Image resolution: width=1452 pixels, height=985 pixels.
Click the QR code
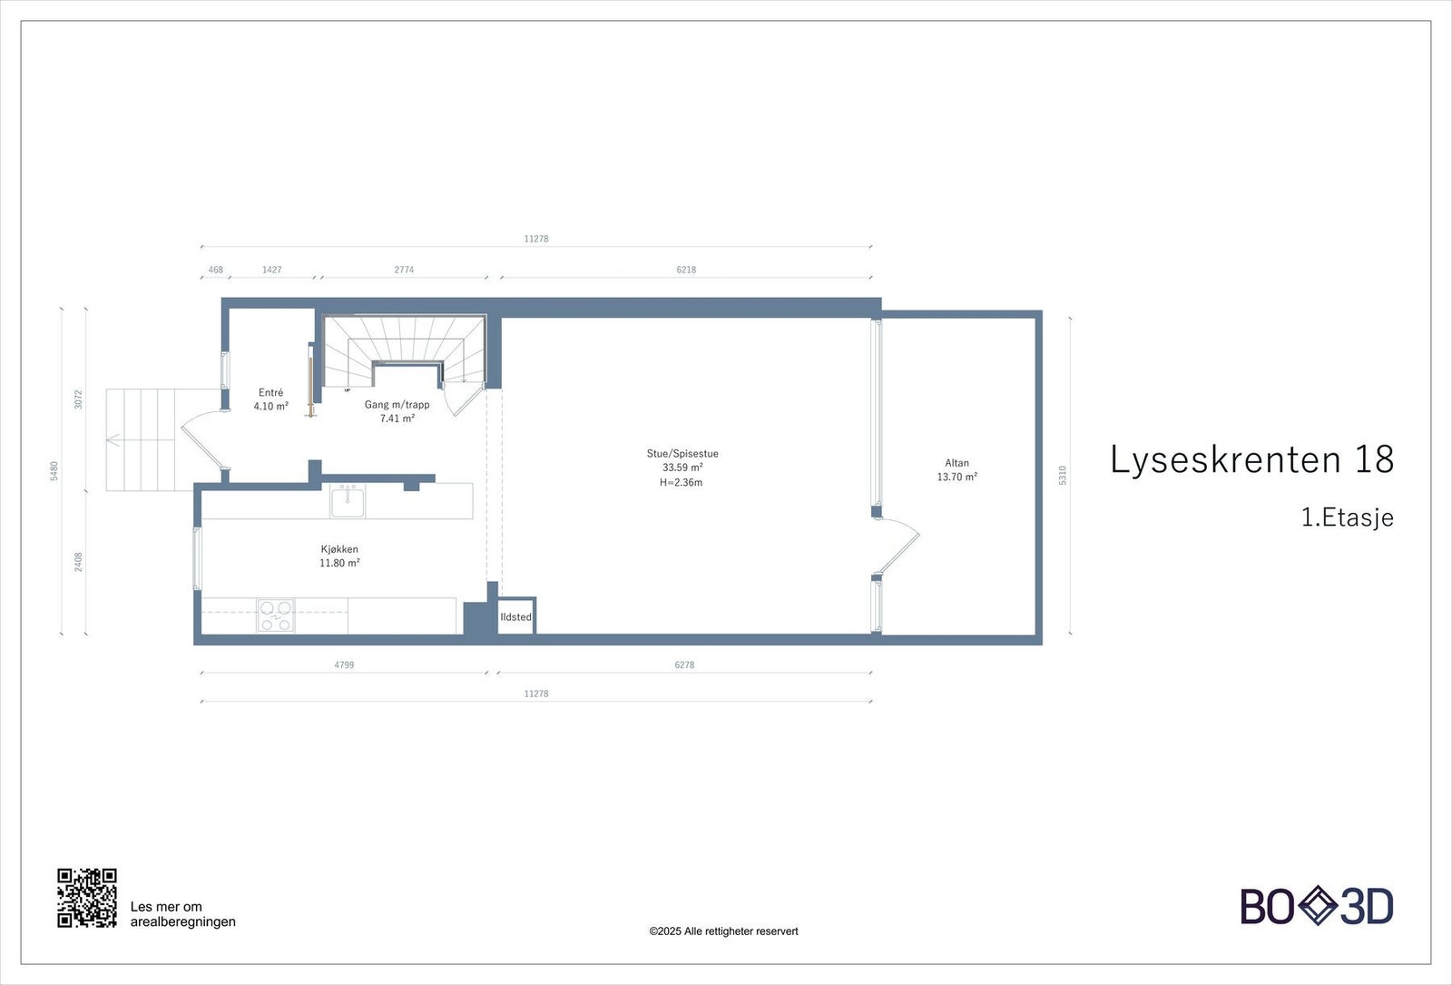pyautogui.click(x=87, y=898)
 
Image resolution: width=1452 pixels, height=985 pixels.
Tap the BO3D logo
pyautogui.click(x=1316, y=906)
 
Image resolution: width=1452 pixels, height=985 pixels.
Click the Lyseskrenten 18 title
pyautogui.click(x=1251, y=460)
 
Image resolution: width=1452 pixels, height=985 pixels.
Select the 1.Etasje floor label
pyautogui.click(x=1347, y=517)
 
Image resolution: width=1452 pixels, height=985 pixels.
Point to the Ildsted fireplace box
pyautogui.click(x=516, y=616)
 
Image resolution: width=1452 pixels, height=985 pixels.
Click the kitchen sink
pyautogui.click(x=348, y=501)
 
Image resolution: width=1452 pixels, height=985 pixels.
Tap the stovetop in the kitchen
pyautogui.click(x=276, y=616)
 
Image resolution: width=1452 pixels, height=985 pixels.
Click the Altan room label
pyautogui.click(x=957, y=463)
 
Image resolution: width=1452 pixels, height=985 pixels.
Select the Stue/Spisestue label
pyautogui.click(x=682, y=454)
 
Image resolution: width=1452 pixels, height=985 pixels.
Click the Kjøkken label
pyautogui.click(x=339, y=549)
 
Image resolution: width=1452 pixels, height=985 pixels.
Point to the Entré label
pyautogui.click(x=270, y=393)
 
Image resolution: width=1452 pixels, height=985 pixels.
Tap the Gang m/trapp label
pyautogui.click(x=397, y=405)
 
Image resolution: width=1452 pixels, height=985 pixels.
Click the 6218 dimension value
pyautogui.click(x=686, y=270)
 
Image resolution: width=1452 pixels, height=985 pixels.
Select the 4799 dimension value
pyautogui.click(x=344, y=665)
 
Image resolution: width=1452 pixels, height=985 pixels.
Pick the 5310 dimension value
pyautogui.click(x=1063, y=475)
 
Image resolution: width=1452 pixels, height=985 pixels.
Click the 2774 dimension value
pyautogui.click(x=404, y=270)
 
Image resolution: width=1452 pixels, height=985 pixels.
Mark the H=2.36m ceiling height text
pyautogui.click(x=681, y=483)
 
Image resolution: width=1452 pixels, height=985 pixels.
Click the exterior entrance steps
pyautogui.click(x=141, y=440)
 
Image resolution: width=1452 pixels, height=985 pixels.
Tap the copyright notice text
pyautogui.click(x=723, y=931)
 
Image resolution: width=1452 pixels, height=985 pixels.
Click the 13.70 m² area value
pyautogui.click(x=957, y=478)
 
